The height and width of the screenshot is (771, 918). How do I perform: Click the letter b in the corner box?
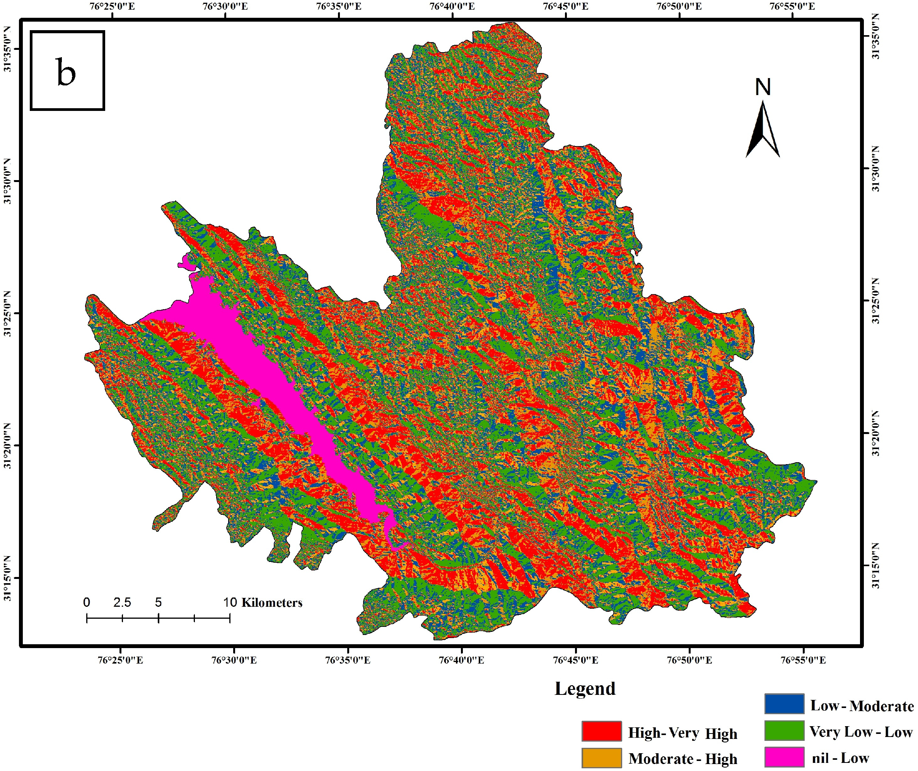[x=66, y=73]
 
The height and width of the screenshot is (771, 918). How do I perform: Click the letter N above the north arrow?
[x=763, y=87]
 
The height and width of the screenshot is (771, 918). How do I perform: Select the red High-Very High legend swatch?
[x=601, y=731]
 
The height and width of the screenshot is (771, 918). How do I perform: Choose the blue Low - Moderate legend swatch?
[x=784, y=704]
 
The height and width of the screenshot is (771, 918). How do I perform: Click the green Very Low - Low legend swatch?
[x=784, y=731]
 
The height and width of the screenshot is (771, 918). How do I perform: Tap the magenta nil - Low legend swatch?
[x=784, y=757]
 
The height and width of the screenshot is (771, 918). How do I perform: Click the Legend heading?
[x=585, y=688]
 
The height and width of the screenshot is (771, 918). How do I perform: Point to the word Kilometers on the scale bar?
[x=271, y=603]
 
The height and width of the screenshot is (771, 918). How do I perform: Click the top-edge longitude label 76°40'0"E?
[x=452, y=7]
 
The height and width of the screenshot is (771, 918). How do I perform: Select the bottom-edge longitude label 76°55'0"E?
[x=803, y=660]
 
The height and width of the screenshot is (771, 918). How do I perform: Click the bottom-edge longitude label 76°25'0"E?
[x=120, y=660]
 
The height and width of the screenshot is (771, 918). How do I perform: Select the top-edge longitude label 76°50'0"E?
[x=679, y=7]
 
